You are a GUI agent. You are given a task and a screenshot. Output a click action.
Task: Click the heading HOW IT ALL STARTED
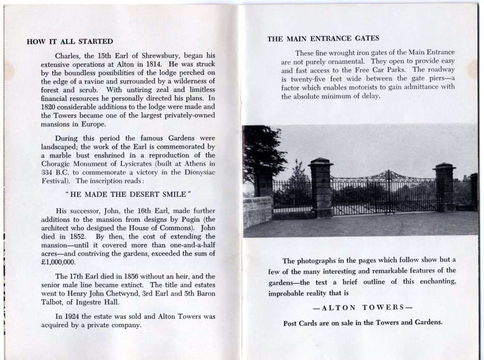point(70,42)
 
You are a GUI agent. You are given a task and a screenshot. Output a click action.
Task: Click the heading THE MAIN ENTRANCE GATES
point(323,38)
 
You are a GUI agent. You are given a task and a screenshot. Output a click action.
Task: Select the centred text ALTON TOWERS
point(363,307)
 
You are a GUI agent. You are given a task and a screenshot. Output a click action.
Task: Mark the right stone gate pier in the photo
point(444,186)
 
